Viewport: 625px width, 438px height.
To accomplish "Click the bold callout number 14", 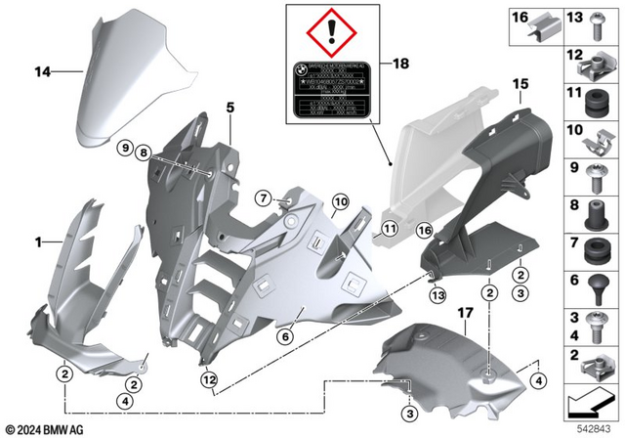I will pyautogui.click(x=41, y=70).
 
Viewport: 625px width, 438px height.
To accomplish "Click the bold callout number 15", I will pyautogui.click(x=520, y=84).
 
